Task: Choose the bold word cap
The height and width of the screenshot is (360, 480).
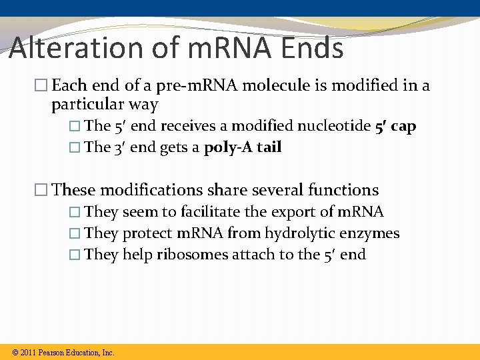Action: tap(403, 126)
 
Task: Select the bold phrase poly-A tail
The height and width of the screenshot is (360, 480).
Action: tap(243, 147)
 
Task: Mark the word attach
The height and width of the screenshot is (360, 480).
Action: tap(252, 255)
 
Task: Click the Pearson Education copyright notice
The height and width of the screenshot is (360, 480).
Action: tap(63, 352)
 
